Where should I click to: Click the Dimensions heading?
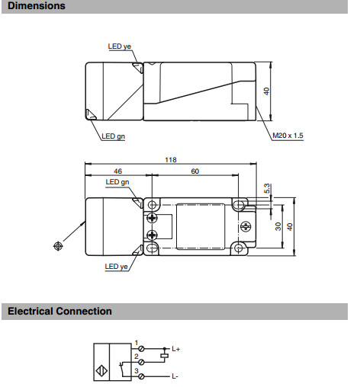point(37,5)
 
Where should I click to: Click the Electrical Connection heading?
point(59,311)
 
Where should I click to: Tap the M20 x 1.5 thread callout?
point(288,136)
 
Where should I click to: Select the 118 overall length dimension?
point(171,160)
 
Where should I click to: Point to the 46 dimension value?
point(117,171)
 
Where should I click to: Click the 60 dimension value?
point(194,171)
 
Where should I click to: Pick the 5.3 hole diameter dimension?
point(267,188)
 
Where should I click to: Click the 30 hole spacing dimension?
point(278,226)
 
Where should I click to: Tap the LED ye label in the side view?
point(120,46)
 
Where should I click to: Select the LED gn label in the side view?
point(114,136)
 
